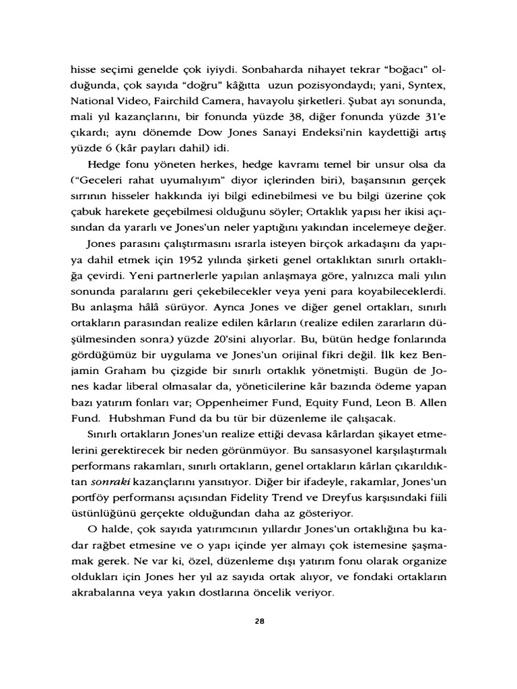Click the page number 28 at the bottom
258,621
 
